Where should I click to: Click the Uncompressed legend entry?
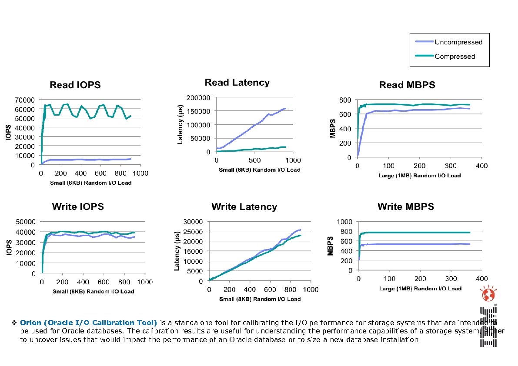tap(458, 42)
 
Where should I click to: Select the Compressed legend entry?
tap(455, 56)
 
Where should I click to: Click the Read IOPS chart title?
tap(75, 85)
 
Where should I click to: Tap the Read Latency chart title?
tap(237, 83)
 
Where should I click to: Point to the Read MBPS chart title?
tap(407, 85)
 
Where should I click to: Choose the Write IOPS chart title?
tap(78, 207)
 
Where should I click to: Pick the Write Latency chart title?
tap(244, 207)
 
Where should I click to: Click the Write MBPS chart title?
tap(405, 207)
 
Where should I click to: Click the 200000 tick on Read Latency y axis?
tap(198, 97)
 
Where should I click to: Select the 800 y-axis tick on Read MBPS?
tap(345, 100)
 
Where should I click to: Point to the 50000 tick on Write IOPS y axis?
tap(27, 222)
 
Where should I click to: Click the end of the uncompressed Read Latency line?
tap(285, 108)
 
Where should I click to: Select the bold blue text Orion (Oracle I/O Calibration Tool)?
tap(89, 323)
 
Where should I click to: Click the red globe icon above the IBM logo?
tap(488, 296)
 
